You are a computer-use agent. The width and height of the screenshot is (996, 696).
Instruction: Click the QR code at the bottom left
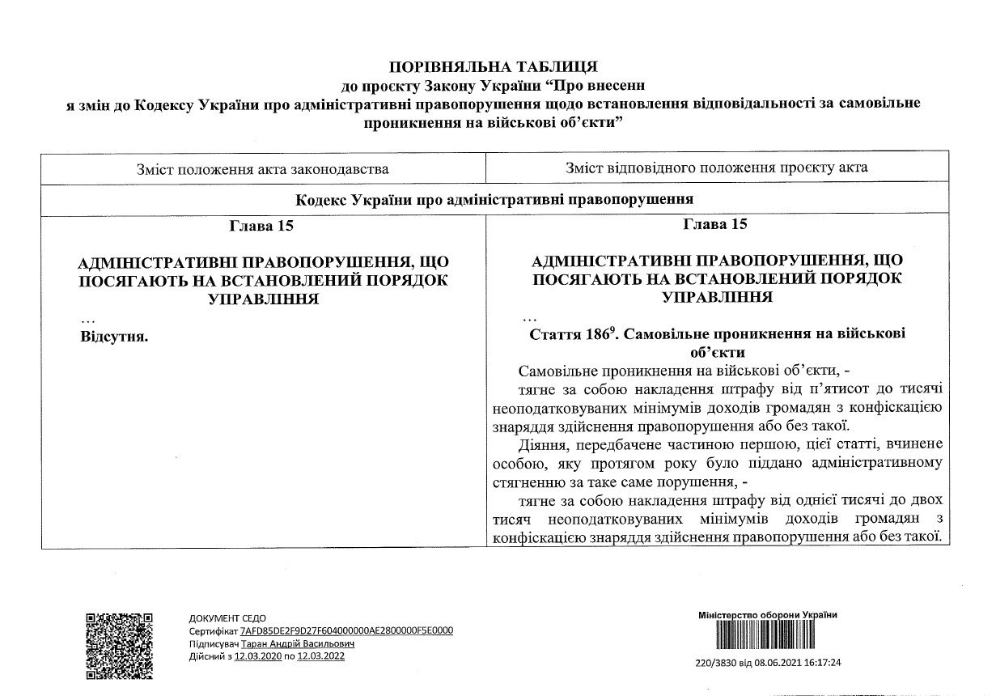click(119, 646)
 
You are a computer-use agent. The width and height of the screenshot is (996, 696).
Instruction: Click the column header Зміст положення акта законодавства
click(264, 168)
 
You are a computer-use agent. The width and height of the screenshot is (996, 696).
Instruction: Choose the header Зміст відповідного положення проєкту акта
click(717, 168)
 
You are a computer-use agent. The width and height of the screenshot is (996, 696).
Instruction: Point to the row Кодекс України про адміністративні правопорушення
click(496, 198)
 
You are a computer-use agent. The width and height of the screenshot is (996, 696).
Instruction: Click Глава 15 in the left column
click(263, 226)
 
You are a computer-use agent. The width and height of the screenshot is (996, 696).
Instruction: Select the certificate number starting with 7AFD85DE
click(346, 630)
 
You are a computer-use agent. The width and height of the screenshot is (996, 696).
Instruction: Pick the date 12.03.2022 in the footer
click(321, 656)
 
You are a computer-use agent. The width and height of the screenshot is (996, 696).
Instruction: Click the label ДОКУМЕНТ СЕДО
click(227, 618)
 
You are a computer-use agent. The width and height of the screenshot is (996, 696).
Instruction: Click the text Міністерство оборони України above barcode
click(767, 615)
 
